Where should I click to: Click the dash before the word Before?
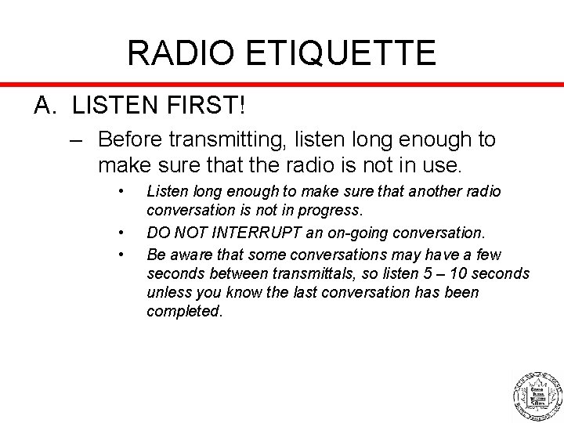(x=75, y=140)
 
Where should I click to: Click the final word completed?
(x=184, y=311)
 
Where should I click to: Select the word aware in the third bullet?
(x=188, y=255)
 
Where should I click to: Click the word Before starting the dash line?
(x=138, y=140)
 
